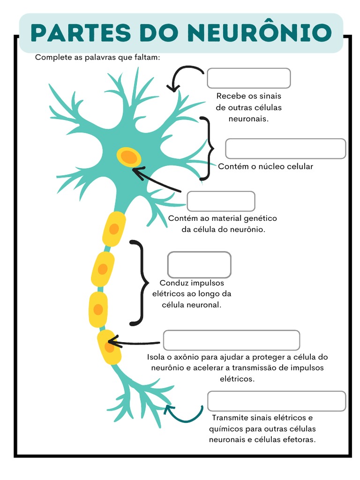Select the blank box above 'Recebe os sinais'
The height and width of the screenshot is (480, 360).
[x=248, y=78]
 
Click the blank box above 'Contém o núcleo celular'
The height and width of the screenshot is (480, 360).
[x=285, y=149]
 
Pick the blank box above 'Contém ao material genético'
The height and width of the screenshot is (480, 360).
[x=221, y=201]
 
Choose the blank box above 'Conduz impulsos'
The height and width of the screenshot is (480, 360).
[x=199, y=265]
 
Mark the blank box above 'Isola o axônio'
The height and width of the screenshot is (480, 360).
[x=231, y=340]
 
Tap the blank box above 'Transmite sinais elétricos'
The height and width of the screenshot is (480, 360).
[x=277, y=401]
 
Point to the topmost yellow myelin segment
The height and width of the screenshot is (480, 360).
[x=114, y=229]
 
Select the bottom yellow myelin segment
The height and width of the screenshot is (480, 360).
[x=109, y=347]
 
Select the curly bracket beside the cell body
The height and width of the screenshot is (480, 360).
[x=207, y=149]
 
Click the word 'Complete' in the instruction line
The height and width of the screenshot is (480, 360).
[x=52, y=57]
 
